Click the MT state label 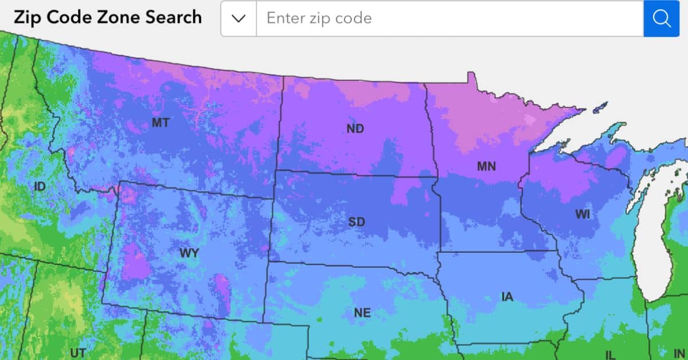tap(160, 123)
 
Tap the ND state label tap(355, 129)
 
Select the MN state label tap(486, 167)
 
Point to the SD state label tap(356, 222)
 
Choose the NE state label tap(362, 313)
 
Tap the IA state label tap(507, 297)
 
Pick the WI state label tap(583, 214)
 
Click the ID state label tap(40, 186)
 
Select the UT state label tap(78, 352)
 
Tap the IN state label tap(679, 353)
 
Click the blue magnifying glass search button tap(662, 18)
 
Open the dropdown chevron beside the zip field tap(239, 18)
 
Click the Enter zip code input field tap(449, 18)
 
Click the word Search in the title tap(171, 17)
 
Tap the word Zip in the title tap(27, 17)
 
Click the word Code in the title tap(67, 17)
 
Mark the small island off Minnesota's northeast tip tap(600, 107)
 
